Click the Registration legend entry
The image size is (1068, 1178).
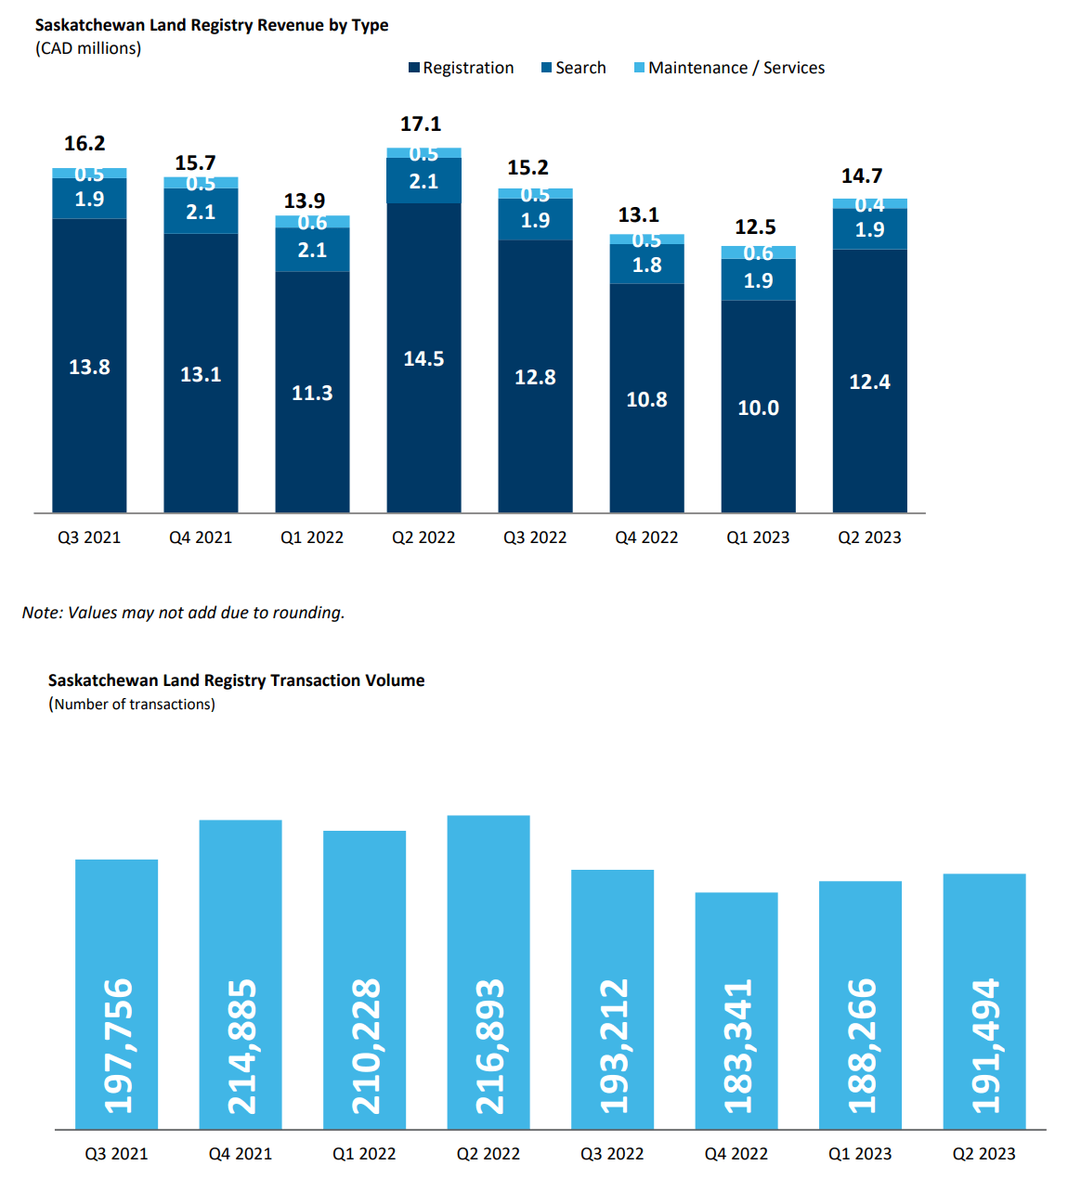(x=462, y=68)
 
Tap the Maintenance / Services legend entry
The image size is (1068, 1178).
(x=729, y=68)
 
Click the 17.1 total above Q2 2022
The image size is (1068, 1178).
(x=421, y=124)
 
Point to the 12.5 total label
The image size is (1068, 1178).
(x=755, y=227)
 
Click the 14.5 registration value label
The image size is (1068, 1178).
(x=423, y=359)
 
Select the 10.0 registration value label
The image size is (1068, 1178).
(x=758, y=408)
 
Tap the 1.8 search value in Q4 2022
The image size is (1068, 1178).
(x=646, y=265)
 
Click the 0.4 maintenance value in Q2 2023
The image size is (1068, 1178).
(x=869, y=204)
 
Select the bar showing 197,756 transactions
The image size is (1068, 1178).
(x=117, y=993)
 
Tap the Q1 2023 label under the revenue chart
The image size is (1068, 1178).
(x=758, y=537)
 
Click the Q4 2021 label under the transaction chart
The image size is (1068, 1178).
(x=241, y=1154)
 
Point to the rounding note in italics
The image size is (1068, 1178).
(x=183, y=613)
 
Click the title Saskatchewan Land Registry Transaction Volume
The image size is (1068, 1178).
(x=236, y=680)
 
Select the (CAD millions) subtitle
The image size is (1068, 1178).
(x=88, y=48)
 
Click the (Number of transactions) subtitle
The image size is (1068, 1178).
(x=132, y=705)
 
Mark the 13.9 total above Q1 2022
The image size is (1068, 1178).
(x=305, y=201)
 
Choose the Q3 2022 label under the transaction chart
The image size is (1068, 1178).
(x=612, y=1154)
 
